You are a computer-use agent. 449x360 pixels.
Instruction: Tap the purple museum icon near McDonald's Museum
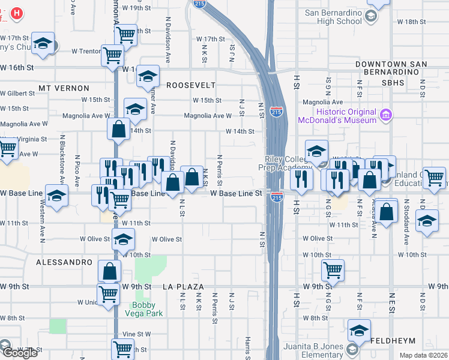(x=385, y=114)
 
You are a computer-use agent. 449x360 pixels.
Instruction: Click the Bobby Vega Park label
(x=143, y=308)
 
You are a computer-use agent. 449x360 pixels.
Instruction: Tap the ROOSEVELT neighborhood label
(x=190, y=85)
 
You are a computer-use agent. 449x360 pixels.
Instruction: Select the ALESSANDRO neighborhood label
(x=64, y=263)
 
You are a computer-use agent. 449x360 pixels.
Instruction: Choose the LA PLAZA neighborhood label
(x=184, y=287)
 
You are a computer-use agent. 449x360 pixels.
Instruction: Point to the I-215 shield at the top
(x=199, y=4)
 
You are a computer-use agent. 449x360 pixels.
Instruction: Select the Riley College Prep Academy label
(x=287, y=164)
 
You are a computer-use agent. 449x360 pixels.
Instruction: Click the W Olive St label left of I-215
(x=166, y=239)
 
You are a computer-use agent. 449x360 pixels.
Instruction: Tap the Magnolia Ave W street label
(x=208, y=116)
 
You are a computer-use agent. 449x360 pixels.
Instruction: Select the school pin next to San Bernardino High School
(x=371, y=17)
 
